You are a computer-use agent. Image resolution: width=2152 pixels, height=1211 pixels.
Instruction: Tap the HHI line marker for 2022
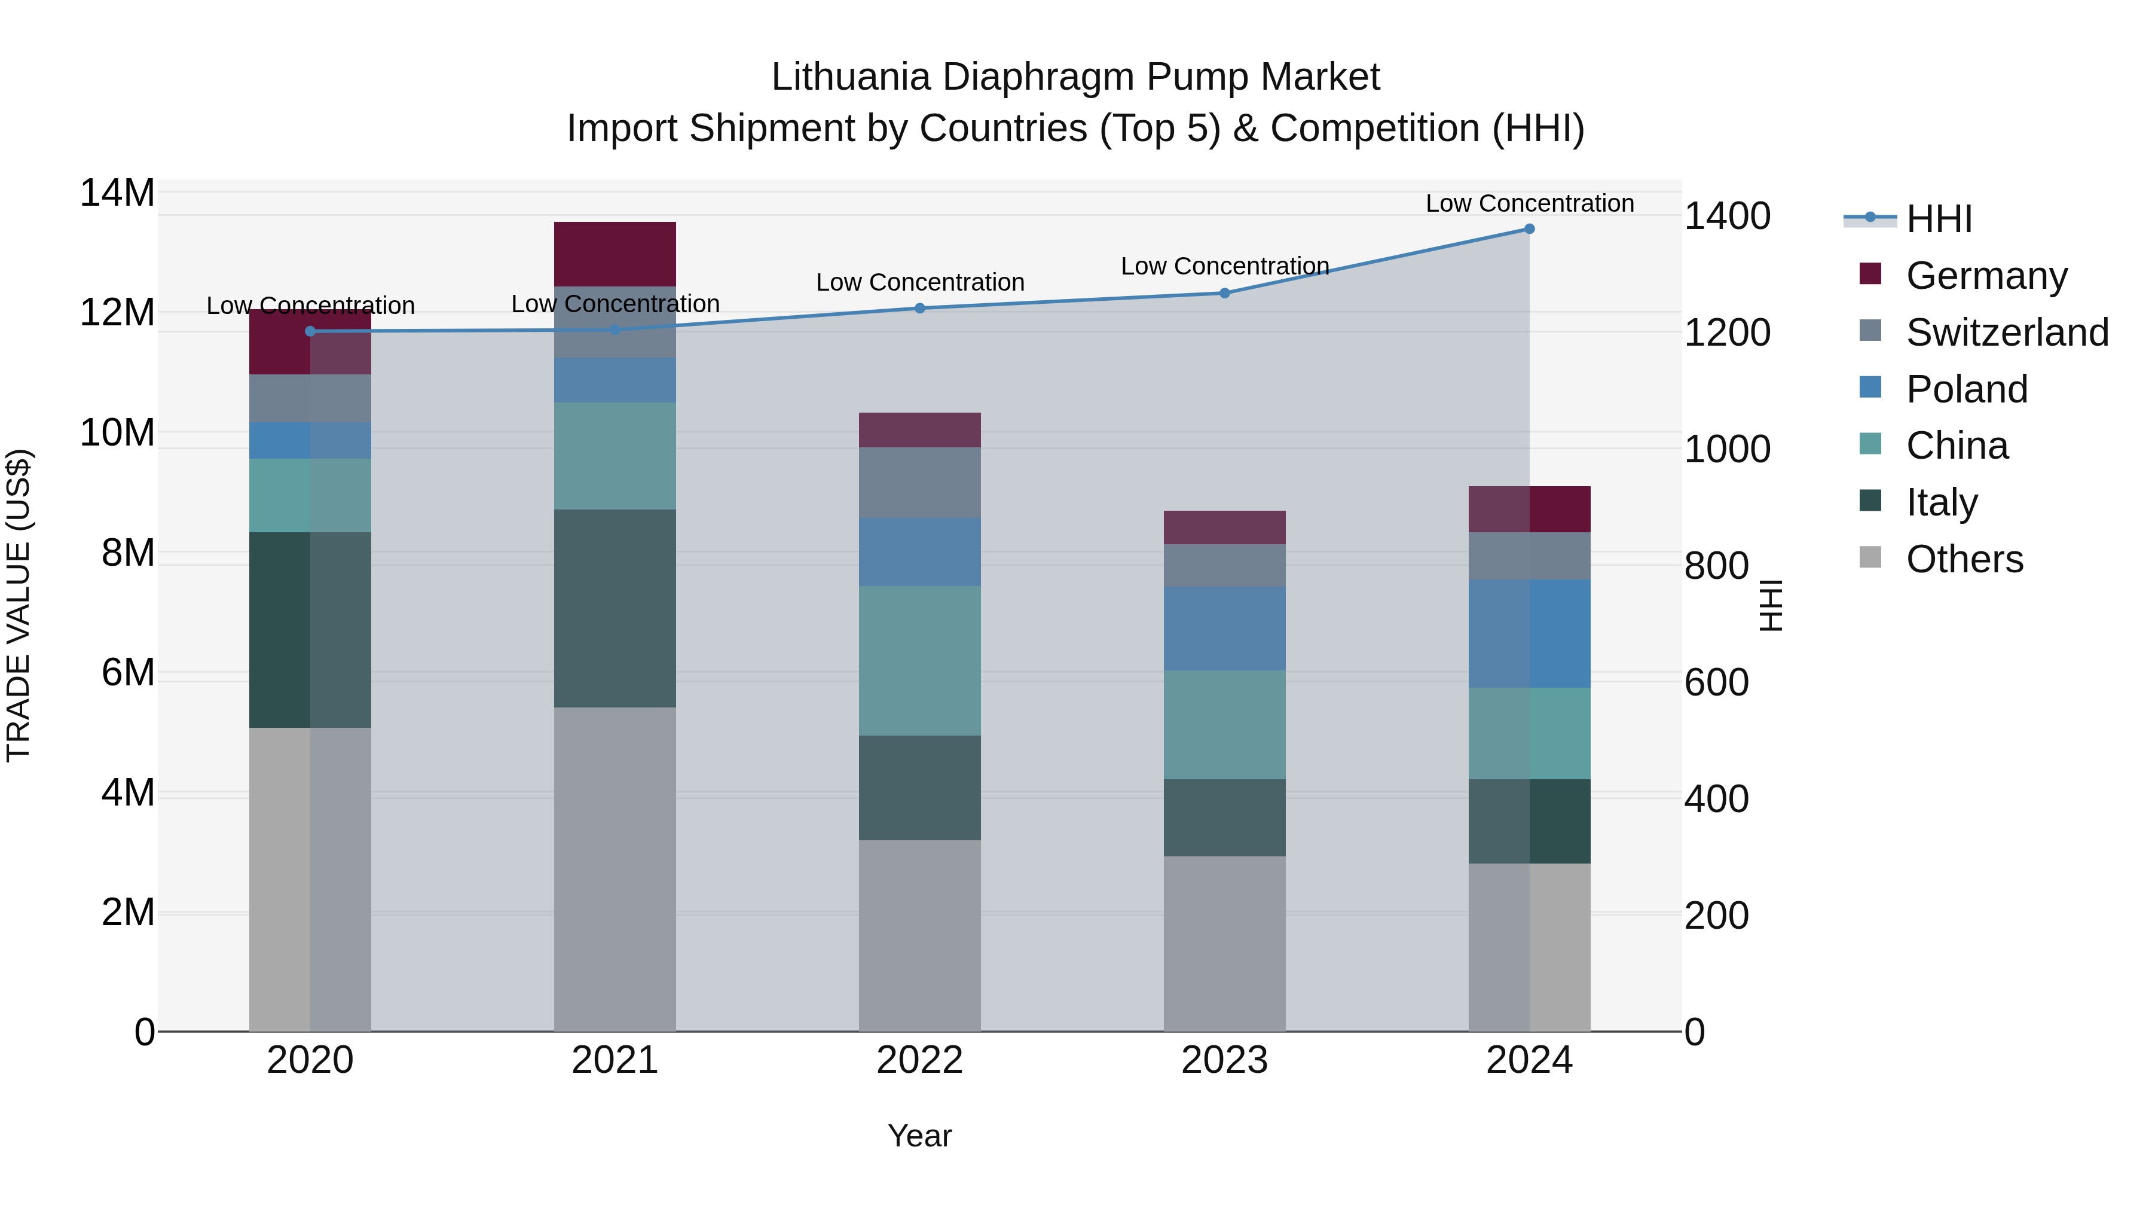[x=920, y=309]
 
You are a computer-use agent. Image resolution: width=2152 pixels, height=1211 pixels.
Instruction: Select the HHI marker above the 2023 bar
[x=1225, y=294]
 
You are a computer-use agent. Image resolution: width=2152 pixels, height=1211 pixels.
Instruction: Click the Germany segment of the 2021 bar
[x=615, y=254]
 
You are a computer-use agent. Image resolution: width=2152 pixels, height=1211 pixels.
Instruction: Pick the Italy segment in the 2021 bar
[x=615, y=608]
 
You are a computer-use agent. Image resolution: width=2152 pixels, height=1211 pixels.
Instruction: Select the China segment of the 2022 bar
[x=920, y=660]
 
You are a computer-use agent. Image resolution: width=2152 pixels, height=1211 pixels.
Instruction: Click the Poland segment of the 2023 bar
[x=1225, y=629]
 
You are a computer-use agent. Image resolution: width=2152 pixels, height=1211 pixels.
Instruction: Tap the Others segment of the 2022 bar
[x=920, y=935]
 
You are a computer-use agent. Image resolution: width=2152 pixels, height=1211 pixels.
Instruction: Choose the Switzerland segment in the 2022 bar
[x=920, y=483]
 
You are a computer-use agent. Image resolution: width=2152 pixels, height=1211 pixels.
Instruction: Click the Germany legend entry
[x=1986, y=276]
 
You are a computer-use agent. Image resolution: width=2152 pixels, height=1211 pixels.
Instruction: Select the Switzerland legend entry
[x=2007, y=333]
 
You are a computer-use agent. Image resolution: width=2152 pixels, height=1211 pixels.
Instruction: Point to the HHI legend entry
[x=1938, y=219]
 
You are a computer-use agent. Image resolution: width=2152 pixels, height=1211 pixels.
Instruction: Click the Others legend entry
[x=1964, y=559]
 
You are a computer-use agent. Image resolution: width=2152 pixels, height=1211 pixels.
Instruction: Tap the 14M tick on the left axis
[x=117, y=193]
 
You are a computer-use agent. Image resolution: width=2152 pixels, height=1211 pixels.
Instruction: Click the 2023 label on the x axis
[x=1225, y=1060]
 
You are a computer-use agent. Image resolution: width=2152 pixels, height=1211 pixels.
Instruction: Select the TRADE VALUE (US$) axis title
[x=19, y=605]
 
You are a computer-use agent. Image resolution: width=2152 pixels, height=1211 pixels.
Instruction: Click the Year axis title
[x=920, y=1136]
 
